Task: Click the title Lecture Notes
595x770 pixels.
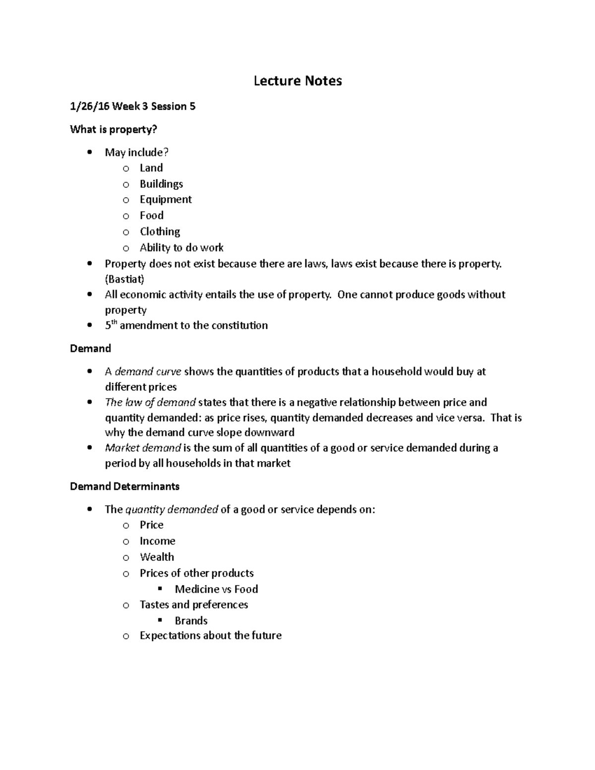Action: click(297, 81)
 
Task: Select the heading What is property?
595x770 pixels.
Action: click(113, 129)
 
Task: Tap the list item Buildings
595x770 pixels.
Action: click(161, 184)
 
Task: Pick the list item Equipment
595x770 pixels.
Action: click(166, 199)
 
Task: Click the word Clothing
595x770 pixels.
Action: click(160, 232)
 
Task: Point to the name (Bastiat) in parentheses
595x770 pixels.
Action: click(124, 279)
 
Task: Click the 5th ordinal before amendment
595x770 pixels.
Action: click(111, 325)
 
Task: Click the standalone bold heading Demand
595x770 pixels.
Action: click(90, 349)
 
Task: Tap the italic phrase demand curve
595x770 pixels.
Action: click(148, 372)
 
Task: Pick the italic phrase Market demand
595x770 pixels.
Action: click(143, 448)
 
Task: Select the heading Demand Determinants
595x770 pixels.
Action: click(124, 486)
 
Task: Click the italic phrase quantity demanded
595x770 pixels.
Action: click(172, 510)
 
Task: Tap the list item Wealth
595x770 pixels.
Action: click(157, 557)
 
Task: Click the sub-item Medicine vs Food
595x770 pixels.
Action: click(216, 589)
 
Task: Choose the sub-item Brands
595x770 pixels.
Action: click(191, 621)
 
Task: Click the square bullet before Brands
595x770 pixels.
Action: click(160, 620)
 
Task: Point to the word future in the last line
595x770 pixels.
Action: click(266, 636)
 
